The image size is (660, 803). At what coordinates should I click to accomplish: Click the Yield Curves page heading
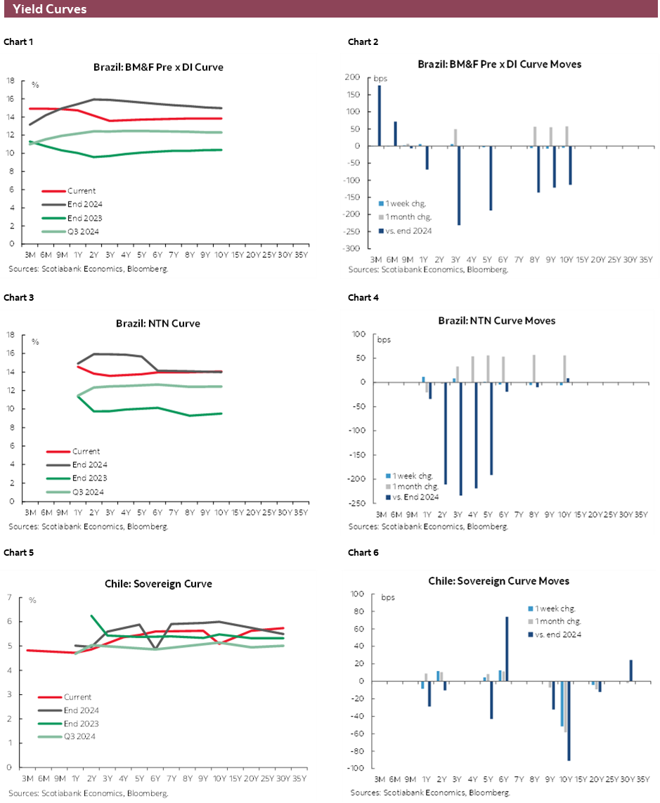coord(50,9)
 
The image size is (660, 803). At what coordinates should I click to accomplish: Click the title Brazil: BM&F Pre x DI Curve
coord(158,67)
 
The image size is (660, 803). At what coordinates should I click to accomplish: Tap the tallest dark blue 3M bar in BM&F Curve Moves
coord(380,115)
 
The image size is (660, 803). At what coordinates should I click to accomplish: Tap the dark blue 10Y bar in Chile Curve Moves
coord(569,721)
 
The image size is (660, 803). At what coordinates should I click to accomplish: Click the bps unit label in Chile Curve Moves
coord(388,598)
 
